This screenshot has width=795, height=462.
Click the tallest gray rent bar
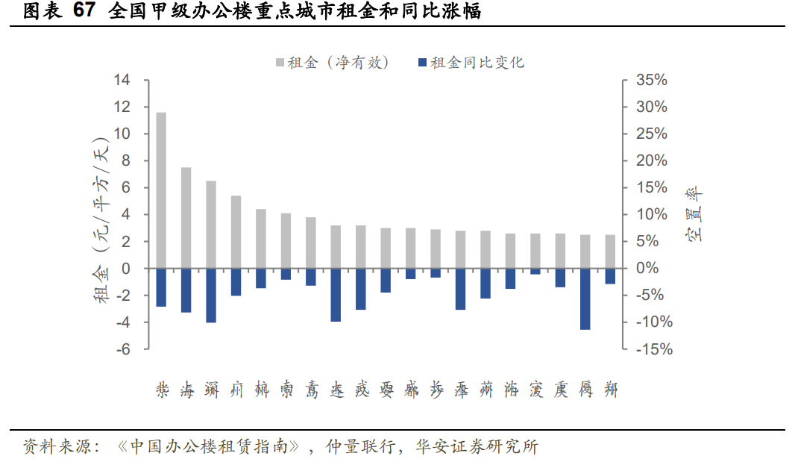161,190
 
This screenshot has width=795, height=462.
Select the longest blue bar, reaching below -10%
585,299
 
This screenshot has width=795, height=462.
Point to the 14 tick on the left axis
122,80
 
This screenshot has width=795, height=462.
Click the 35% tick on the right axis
651,80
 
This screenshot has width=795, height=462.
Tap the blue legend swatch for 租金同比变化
423,63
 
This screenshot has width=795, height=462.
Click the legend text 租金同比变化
477,63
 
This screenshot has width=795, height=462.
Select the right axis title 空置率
694,215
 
